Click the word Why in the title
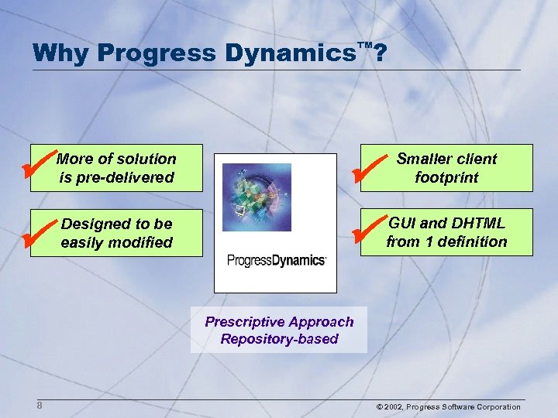point(61,53)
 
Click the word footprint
point(446,177)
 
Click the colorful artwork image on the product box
point(257,197)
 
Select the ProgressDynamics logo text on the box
point(276,260)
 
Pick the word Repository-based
point(279,339)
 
